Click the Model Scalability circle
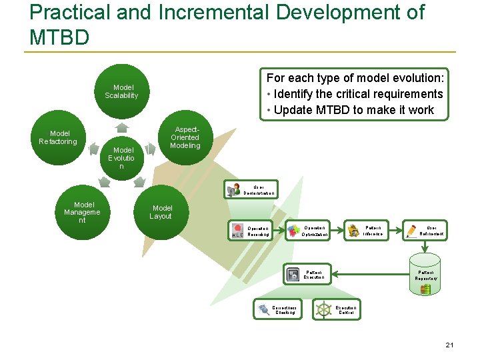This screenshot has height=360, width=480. [x=121, y=92]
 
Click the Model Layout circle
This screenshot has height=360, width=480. [x=161, y=213]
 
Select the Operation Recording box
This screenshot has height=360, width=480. [x=251, y=231]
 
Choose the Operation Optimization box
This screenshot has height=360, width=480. [x=309, y=231]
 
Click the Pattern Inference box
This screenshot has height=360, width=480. [x=367, y=231]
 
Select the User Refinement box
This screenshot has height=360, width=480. [x=425, y=231]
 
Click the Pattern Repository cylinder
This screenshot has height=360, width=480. [x=427, y=274]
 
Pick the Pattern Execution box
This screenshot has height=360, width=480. [x=307, y=274]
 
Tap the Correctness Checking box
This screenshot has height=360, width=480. [x=277, y=309]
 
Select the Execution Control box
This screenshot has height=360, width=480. [x=338, y=309]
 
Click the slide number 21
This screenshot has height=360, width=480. [x=449, y=345]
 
